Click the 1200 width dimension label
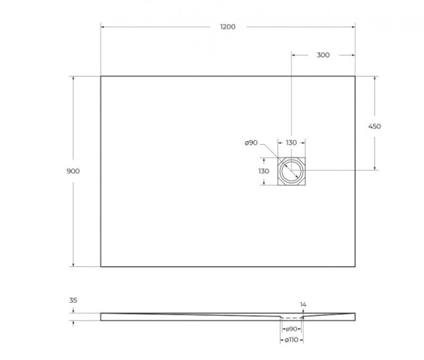pos(227,27)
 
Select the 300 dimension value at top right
pos(322,54)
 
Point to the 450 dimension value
pos(375,126)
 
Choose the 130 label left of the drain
pos(263,171)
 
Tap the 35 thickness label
pos(73,299)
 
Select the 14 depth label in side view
pos(303,304)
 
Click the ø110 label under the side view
pos(290,340)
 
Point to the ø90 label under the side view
pos(290,330)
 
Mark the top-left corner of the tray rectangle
pos(101,76)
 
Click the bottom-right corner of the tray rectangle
pos(355,267)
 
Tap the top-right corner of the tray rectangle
pos(355,76)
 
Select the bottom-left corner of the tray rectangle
pos(101,267)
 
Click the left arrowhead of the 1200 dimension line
pos(103,27)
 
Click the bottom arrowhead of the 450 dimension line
pos(375,169)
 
